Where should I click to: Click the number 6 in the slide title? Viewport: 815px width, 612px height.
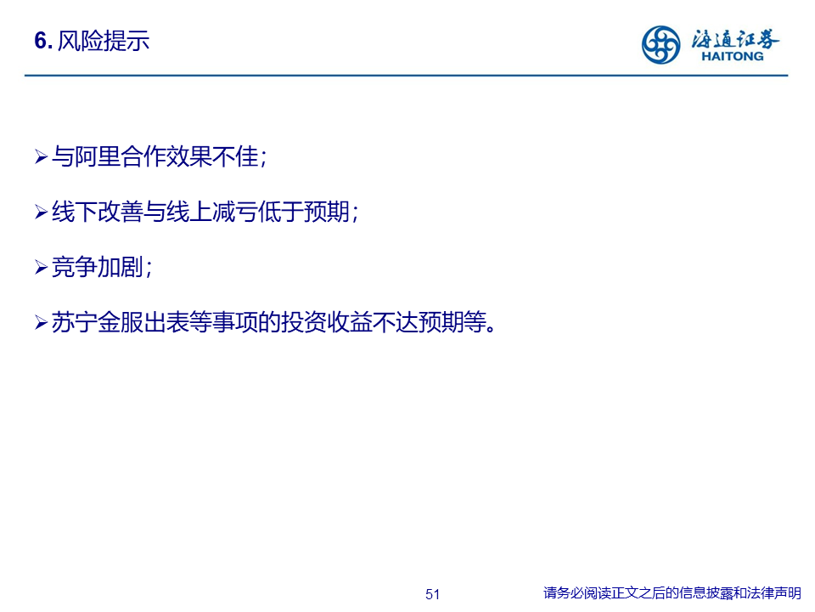point(41,41)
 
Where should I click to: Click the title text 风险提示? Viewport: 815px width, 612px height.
point(104,41)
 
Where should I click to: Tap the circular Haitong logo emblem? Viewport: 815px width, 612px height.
point(660,45)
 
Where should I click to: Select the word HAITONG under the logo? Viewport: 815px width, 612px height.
point(733,56)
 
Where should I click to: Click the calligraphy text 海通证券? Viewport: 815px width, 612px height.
point(735,38)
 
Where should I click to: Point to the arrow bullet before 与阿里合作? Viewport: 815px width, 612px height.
point(41,156)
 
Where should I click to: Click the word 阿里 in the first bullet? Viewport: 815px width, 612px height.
point(97,156)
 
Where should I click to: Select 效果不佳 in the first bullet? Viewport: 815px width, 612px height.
point(212,156)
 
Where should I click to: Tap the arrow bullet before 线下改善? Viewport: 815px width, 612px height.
point(41,212)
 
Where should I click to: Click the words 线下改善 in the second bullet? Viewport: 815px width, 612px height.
point(97,212)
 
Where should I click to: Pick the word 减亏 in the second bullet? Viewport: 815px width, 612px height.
point(235,212)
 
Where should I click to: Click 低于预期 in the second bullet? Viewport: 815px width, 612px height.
point(304,212)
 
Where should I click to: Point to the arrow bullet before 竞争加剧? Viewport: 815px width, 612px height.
point(41,268)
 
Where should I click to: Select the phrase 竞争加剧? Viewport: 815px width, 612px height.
point(97,268)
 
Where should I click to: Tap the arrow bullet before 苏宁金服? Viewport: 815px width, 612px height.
point(41,323)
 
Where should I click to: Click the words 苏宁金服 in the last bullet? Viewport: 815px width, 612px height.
point(97,323)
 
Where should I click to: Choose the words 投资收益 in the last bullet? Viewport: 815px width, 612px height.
point(327,323)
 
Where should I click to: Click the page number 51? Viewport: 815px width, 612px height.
point(432,594)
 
